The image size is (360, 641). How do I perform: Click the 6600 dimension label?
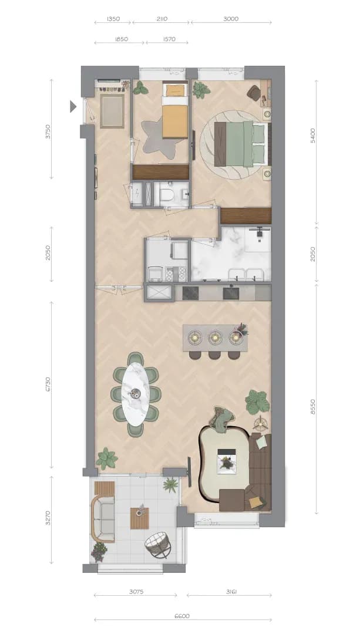coord(182,616)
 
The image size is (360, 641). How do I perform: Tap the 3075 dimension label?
coord(136,591)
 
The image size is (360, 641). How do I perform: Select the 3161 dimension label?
coord(230,591)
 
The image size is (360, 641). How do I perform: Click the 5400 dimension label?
coord(313,136)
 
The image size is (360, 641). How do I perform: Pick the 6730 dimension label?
coord(48,384)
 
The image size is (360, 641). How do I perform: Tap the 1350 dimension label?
coord(113,19)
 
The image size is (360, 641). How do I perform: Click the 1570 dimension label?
coord(169,39)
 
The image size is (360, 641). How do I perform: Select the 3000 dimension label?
coord(231,19)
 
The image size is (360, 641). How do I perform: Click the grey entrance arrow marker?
coord(73,106)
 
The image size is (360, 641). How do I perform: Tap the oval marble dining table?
coord(136,394)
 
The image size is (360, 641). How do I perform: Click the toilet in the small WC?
coord(167,195)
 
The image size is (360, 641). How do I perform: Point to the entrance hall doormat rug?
coord(112,110)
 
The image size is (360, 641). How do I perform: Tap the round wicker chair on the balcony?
coord(158,544)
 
